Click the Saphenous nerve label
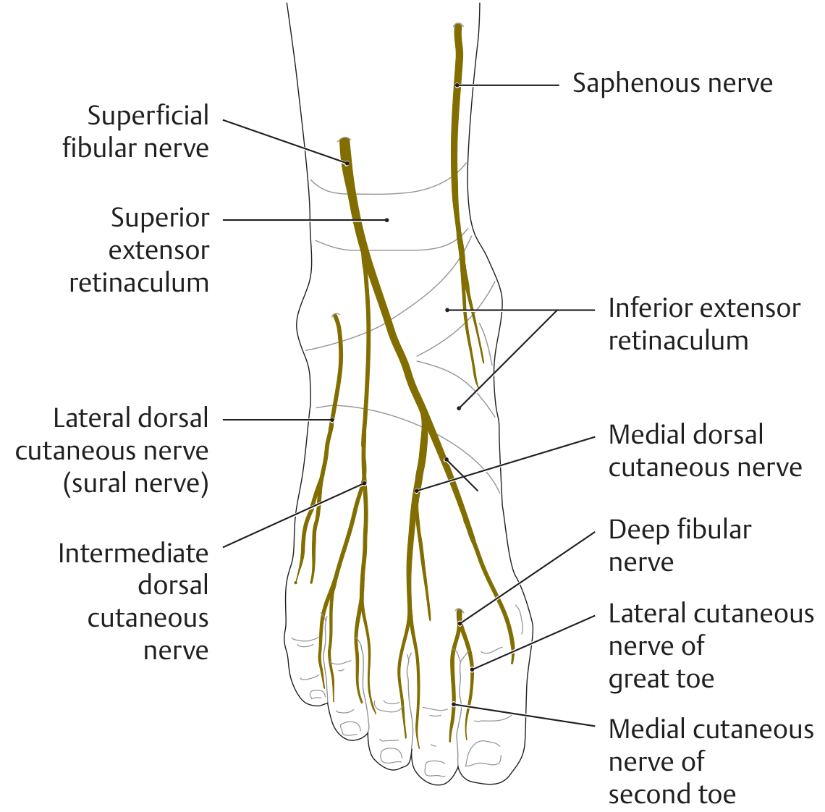coord(672,83)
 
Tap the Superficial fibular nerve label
coord(136,132)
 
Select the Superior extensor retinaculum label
coord(140,250)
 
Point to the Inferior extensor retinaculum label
coord(705,324)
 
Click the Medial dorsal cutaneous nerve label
coord(705,451)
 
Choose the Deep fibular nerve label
coord(680,546)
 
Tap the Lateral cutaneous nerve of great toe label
coord(711,646)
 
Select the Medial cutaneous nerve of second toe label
coord(711,761)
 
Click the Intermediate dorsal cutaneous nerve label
coord(134,601)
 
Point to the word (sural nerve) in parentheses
coord(136,483)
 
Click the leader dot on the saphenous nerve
coord(457,85)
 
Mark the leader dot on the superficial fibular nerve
coord(347,164)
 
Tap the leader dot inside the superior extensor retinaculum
coord(386,220)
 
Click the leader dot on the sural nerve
coord(332,420)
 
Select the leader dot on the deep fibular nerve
coord(460,624)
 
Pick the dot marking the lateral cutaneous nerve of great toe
coord(472,669)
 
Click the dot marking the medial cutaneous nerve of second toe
coord(453,703)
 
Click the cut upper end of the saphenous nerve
coord(459,25)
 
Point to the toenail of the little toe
coord(318,695)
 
